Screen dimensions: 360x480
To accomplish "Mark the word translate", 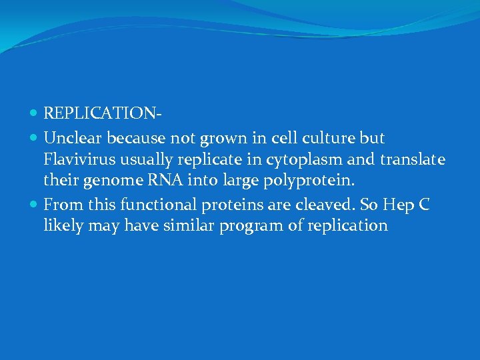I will click(411, 160).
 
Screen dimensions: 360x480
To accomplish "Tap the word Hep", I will click(400, 204).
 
